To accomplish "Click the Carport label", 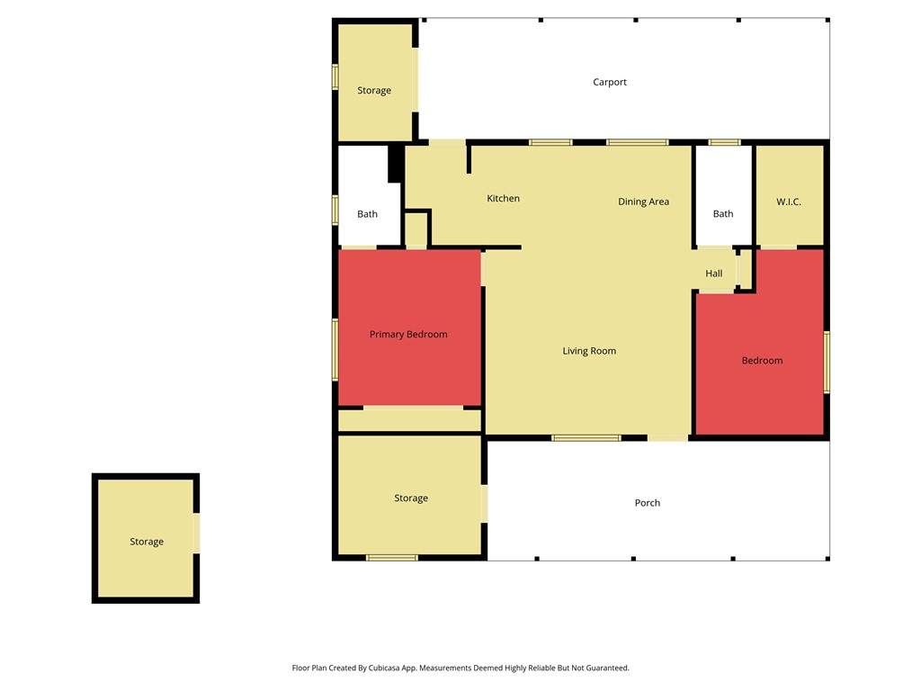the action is point(610,82).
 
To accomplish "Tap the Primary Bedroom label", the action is point(408,335).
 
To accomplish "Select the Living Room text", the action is point(589,351).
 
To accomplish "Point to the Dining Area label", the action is point(643,202).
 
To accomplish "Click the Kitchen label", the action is point(504,199).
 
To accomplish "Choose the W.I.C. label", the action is point(788,202).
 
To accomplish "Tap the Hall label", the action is point(713,274).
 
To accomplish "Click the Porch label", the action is point(648,503).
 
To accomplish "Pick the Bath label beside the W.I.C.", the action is point(723,214).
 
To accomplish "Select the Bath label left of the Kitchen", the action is point(367,214).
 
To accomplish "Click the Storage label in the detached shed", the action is point(147,542).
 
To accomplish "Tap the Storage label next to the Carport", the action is point(374,91).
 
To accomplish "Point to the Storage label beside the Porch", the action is point(410,498).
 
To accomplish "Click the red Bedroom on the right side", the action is point(762,361).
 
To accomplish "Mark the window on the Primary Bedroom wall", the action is point(335,349).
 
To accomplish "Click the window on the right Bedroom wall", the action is point(827,362).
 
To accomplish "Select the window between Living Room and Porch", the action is point(586,438).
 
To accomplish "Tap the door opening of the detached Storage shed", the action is point(197,533).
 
